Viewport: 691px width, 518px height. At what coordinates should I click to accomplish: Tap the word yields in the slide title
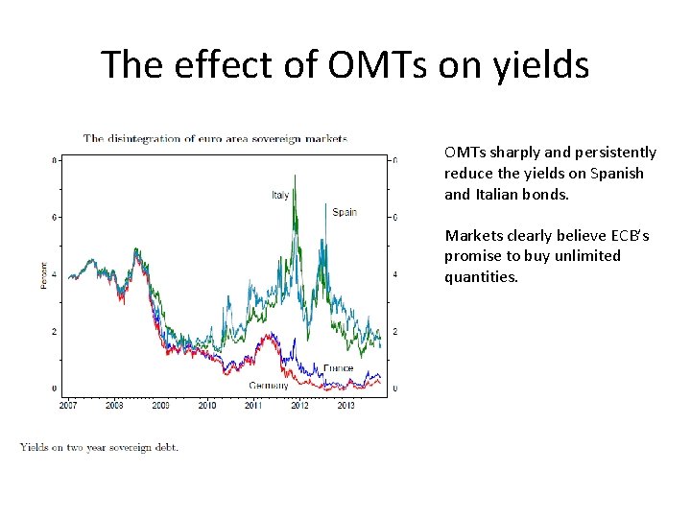(541, 65)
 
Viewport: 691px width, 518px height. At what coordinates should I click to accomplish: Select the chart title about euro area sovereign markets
(215, 138)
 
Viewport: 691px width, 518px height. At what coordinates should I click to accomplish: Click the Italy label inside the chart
(279, 196)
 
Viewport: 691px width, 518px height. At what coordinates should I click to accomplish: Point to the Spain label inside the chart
(344, 212)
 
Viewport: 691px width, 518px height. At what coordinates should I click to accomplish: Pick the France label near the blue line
(338, 368)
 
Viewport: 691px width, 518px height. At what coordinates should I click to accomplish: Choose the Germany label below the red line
(269, 386)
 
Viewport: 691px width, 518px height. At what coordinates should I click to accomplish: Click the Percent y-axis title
(43, 274)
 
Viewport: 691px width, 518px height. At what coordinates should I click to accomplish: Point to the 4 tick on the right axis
(395, 275)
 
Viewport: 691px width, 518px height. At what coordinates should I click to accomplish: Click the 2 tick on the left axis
(54, 332)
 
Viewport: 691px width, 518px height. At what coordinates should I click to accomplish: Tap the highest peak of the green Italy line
(295, 176)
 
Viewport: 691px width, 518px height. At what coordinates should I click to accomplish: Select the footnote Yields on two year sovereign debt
(99, 447)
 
